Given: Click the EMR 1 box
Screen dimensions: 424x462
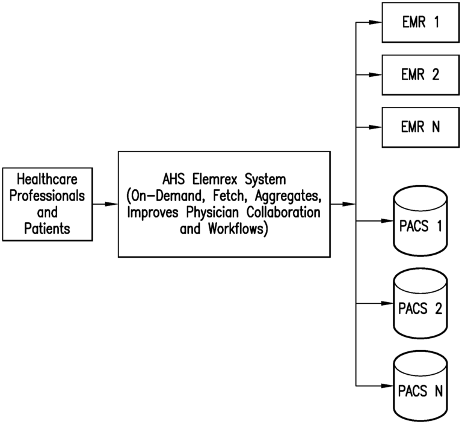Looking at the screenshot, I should [420, 23].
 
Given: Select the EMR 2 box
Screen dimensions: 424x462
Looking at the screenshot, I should [420, 74].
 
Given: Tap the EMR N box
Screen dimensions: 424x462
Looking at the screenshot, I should [420, 127].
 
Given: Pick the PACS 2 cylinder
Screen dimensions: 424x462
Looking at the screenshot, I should [420, 309].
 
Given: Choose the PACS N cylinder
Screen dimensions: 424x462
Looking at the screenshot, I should [420, 392].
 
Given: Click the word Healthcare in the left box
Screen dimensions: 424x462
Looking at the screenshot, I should [46, 180].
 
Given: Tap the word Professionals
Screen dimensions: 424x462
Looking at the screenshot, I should [46, 196].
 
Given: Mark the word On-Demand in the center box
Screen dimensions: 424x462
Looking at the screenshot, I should [162, 196].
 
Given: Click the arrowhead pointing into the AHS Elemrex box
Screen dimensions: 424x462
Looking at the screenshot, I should [111, 204].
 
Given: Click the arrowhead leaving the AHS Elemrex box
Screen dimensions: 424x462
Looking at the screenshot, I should [350, 204].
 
